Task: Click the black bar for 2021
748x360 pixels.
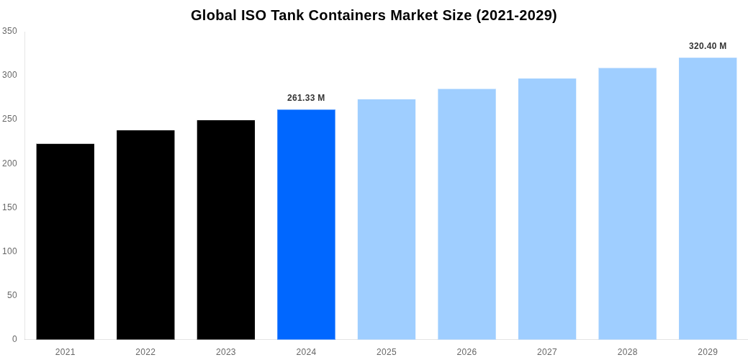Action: coord(66,241)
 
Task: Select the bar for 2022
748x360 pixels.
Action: coord(145,235)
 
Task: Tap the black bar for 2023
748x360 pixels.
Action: coord(226,230)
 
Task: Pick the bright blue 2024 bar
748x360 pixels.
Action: coord(306,225)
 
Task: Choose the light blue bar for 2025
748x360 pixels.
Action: coord(387,220)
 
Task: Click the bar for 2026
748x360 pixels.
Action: coord(467,215)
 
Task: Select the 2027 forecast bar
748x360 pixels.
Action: coord(547,209)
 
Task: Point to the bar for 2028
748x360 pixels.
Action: coord(627,204)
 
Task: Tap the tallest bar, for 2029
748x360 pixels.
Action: coord(708,199)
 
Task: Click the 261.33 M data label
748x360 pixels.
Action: coord(306,98)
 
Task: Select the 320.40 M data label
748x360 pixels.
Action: coord(708,46)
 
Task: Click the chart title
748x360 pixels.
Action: coord(374,15)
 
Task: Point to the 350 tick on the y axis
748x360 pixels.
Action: coord(9,31)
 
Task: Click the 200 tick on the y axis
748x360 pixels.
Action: coord(9,163)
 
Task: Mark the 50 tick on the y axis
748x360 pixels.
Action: coord(12,295)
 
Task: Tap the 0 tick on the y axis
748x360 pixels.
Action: coord(14,339)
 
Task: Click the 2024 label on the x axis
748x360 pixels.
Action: coord(306,352)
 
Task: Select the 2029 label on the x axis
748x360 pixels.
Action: coord(708,352)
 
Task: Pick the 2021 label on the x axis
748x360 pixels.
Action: coord(66,352)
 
